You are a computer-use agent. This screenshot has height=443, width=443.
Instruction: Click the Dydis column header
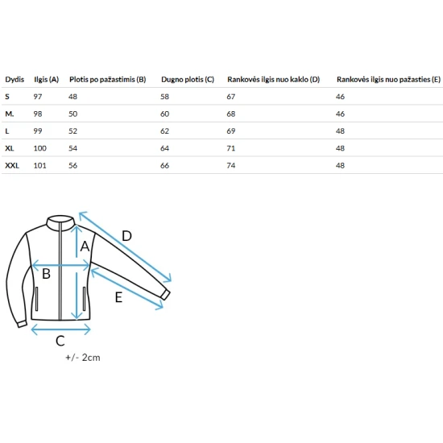click(x=14, y=80)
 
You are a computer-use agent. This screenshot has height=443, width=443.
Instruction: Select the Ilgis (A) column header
click(x=47, y=80)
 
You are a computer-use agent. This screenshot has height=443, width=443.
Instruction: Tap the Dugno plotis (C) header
click(x=188, y=80)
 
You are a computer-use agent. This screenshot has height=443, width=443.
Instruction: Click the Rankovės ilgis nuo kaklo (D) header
click(x=274, y=80)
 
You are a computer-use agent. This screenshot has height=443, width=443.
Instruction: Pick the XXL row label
click(x=12, y=166)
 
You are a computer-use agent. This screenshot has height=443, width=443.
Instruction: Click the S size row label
click(x=7, y=97)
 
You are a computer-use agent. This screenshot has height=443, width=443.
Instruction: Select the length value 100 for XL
click(x=39, y=148)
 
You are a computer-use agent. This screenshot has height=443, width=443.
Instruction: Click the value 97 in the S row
click(x=38, y=97)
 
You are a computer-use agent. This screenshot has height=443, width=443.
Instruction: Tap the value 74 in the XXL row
click(x=231, y=166)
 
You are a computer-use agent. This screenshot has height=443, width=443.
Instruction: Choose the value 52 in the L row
click(x=72, y=131)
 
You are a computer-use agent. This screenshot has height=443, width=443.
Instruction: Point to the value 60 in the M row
click(x=164, y=114)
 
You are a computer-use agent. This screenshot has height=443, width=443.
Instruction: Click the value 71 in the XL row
click(x=231, y=148)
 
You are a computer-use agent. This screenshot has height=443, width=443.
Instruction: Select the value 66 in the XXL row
click(x=164, y=166)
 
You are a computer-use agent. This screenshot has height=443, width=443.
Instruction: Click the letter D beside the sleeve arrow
click(x=126, y=236)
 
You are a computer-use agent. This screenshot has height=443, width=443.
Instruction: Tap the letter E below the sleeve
click(x=118, y=297)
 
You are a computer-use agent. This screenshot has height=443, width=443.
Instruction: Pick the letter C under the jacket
click(x=60, y=341)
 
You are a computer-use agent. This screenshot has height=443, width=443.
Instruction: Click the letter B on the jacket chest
click(x=47, y=274)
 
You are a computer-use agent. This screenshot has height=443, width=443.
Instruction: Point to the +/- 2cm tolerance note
click(x=83, y=358)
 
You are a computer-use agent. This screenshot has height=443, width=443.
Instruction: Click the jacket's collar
click(x=60, y=223)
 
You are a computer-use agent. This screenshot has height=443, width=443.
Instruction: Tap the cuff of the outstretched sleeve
click(x=166, y=295)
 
